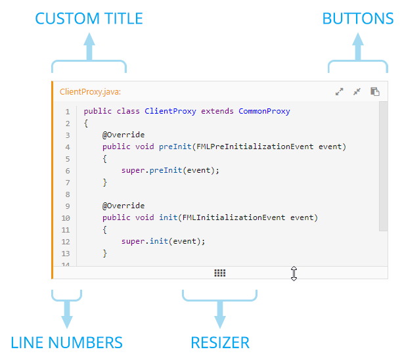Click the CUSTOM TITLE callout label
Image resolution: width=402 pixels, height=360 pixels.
(89, 18)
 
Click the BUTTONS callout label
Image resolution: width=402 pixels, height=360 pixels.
(357, 18)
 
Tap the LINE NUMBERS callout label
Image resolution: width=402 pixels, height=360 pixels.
(66, 342)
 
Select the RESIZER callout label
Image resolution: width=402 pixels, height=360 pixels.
(219, 342)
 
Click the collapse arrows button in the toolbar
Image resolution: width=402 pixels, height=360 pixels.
(357, 92)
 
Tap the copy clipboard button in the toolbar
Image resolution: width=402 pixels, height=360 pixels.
(374, 92)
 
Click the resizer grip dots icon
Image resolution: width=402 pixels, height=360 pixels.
(220, 273)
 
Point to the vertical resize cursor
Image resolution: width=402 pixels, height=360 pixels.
(294, 273)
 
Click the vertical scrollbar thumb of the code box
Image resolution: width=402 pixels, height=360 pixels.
(383, 166)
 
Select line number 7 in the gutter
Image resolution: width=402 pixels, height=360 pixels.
(67, 182)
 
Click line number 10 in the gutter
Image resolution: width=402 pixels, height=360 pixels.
(66, 217)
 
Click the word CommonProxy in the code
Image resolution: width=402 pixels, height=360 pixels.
(264, 111)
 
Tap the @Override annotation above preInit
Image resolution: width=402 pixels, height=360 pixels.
(123, 135)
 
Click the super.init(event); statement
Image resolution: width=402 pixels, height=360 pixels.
(164, 241)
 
